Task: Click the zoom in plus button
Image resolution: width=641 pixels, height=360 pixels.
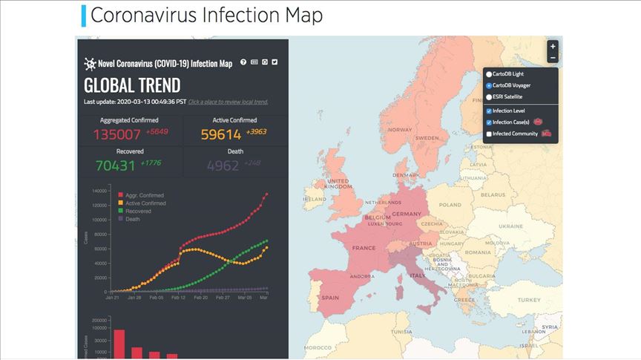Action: pos(552,46)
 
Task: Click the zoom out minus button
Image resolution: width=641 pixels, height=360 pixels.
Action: pos(552,58)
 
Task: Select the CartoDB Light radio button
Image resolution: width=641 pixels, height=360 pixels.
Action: pos(489,74)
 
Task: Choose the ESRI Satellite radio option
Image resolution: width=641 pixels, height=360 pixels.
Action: pos(489,96)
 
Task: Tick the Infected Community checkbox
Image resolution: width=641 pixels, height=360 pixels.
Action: pos(489,134)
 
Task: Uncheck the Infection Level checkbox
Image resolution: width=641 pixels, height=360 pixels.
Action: pos(489,111)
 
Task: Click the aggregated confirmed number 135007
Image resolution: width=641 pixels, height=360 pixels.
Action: pos(116,134)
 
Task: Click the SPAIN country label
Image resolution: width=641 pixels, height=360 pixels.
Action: pos(330,298)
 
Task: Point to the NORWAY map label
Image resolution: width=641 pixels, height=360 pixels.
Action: pos(399,130)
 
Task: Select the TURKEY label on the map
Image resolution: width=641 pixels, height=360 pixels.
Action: pos(530,300)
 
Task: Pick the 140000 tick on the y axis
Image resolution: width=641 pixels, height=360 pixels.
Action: pos(99,191)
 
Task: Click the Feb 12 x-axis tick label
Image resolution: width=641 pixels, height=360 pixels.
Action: pos(178,297)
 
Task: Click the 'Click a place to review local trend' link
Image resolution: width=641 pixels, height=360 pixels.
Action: pos(228,102)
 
